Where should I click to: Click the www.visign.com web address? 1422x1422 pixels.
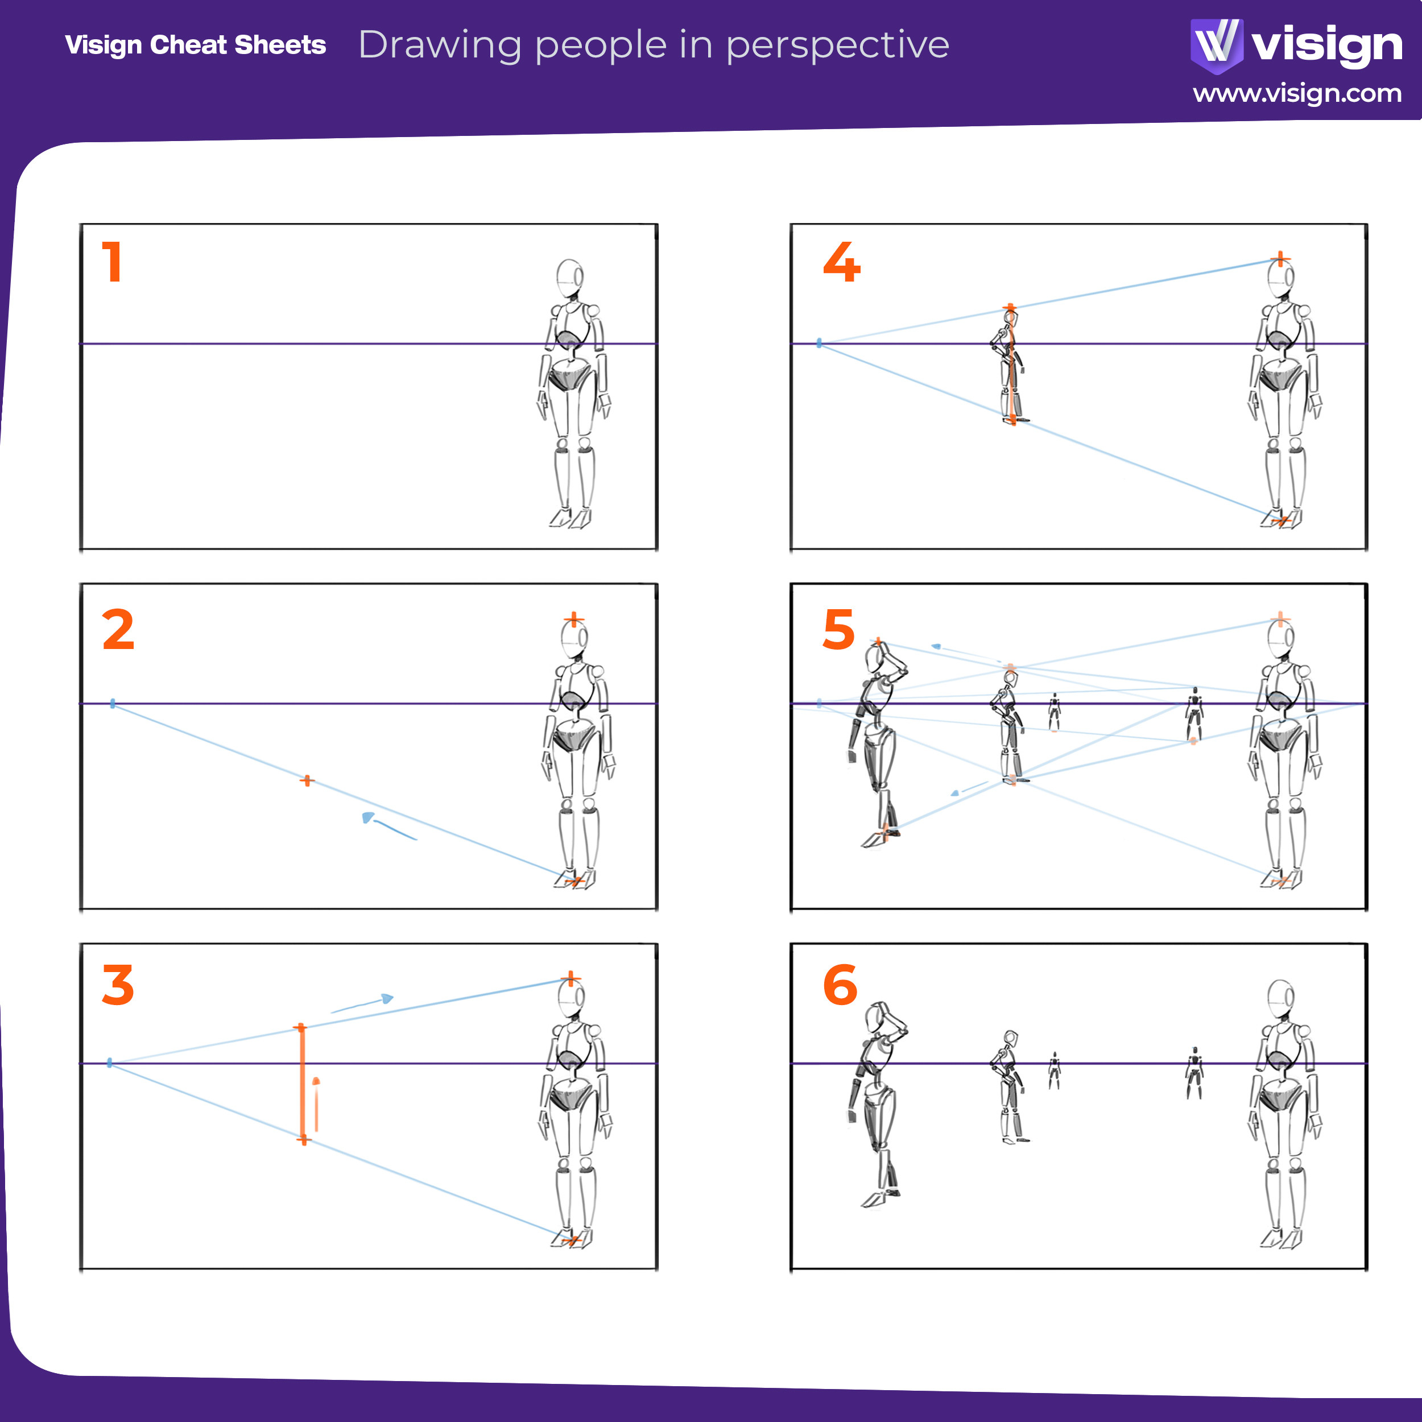click(1297, 93)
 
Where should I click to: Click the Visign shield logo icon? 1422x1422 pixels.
click(1216, 45)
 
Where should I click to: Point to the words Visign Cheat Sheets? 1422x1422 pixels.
click(195, 45)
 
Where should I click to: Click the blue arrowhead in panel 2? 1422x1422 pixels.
click(368, 817)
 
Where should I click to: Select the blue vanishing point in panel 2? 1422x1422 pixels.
click(113, 704)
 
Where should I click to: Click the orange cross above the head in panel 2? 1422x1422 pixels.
click(574, 620)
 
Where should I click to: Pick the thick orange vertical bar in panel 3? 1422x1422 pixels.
click(303, 1084)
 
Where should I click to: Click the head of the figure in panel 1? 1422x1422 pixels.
click(570, 278)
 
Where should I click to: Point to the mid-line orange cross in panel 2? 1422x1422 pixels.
click(307, 780)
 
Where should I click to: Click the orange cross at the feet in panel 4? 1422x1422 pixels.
click(1281, 521)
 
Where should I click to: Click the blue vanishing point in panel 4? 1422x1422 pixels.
click(819, 343)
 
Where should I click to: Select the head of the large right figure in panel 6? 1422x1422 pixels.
click(1281, 999)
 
